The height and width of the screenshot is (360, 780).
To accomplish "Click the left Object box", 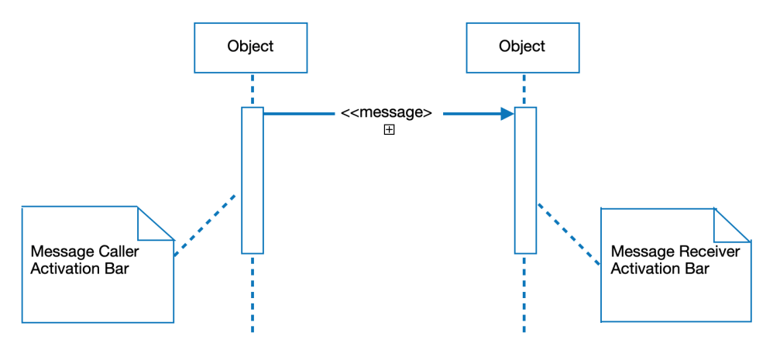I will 250,47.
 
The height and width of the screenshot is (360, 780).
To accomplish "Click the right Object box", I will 522,47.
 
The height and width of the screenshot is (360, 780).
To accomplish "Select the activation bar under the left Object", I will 253,180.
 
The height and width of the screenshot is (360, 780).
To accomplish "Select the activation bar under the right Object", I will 525,180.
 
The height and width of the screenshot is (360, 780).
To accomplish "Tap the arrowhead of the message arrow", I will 507,114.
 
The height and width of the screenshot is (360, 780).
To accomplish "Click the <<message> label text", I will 387,112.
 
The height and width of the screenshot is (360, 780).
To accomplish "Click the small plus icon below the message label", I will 390,131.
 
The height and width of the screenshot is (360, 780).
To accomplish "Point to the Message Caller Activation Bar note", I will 85,286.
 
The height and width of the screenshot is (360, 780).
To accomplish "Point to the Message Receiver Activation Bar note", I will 674,290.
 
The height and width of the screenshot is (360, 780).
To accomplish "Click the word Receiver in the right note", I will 710,252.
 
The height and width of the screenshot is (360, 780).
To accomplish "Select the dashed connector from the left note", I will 204,225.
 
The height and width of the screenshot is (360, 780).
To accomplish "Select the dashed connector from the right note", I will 569,234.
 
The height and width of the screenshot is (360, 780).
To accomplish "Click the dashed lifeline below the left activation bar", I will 253,294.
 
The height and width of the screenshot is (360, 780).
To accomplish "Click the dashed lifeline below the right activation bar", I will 525,294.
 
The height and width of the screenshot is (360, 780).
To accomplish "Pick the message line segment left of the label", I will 298,114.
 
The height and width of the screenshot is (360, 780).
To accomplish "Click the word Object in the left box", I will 250,46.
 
